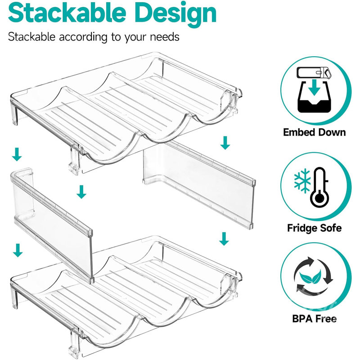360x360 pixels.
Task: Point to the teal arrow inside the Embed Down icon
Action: (x=315, y=88)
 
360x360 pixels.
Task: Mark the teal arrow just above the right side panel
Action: (x=225, y=143)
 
